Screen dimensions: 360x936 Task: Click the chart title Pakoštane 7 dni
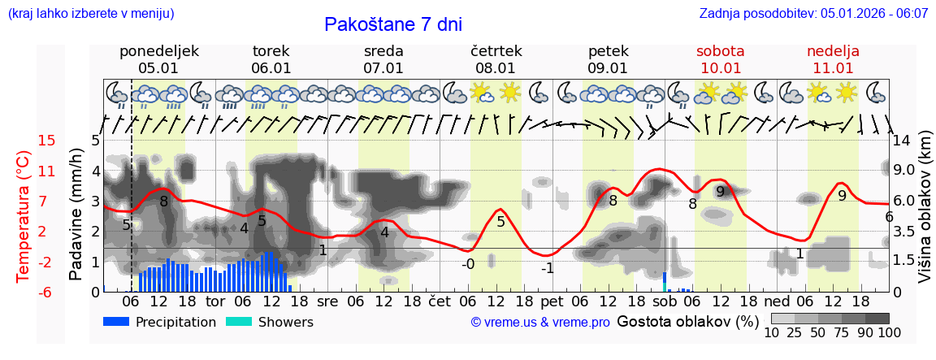tap(392, 24)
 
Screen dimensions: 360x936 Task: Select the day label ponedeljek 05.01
tap(158, 59)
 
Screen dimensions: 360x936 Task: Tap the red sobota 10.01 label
tap(720, 59)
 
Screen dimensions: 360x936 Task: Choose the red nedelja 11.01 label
tap(833, 59)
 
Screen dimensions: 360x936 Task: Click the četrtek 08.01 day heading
tap(496, 59)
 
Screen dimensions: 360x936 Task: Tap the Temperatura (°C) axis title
tap(24, 216)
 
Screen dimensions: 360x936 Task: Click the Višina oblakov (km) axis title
tap(925, 216)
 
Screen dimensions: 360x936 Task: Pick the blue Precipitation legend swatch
tap(116, 322)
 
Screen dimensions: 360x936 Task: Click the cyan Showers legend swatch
tap(238, 322)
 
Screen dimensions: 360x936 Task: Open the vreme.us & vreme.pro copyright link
tap(540, 323)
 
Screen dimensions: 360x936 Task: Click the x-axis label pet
tap(552, 301)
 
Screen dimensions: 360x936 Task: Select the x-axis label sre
tap(327, 301)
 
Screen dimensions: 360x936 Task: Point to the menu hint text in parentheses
tap(91, 13)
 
